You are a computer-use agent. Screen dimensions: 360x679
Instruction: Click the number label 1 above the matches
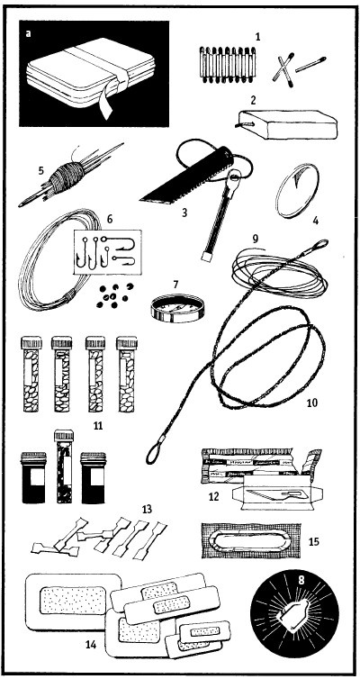pos(258,37)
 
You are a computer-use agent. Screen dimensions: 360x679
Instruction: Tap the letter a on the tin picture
pos(29,33)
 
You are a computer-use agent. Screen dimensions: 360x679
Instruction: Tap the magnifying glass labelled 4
pos(298,191)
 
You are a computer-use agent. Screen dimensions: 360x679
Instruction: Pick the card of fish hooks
pos(108,252)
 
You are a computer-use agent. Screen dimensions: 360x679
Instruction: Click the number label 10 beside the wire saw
pos(311,403)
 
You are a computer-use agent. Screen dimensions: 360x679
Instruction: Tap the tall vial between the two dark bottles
pos(64,466)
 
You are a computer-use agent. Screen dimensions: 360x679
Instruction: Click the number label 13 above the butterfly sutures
pos(147,510)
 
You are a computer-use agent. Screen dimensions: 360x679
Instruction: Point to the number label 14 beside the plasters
pos(90,645)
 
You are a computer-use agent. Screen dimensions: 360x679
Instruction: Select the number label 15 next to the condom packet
pos(315,541)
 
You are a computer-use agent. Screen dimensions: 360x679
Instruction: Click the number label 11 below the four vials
pos(98,426)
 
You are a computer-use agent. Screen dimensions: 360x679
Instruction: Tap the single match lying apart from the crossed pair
pos(310,64)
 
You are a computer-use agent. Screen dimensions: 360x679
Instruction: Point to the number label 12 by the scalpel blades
pos(214,496)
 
